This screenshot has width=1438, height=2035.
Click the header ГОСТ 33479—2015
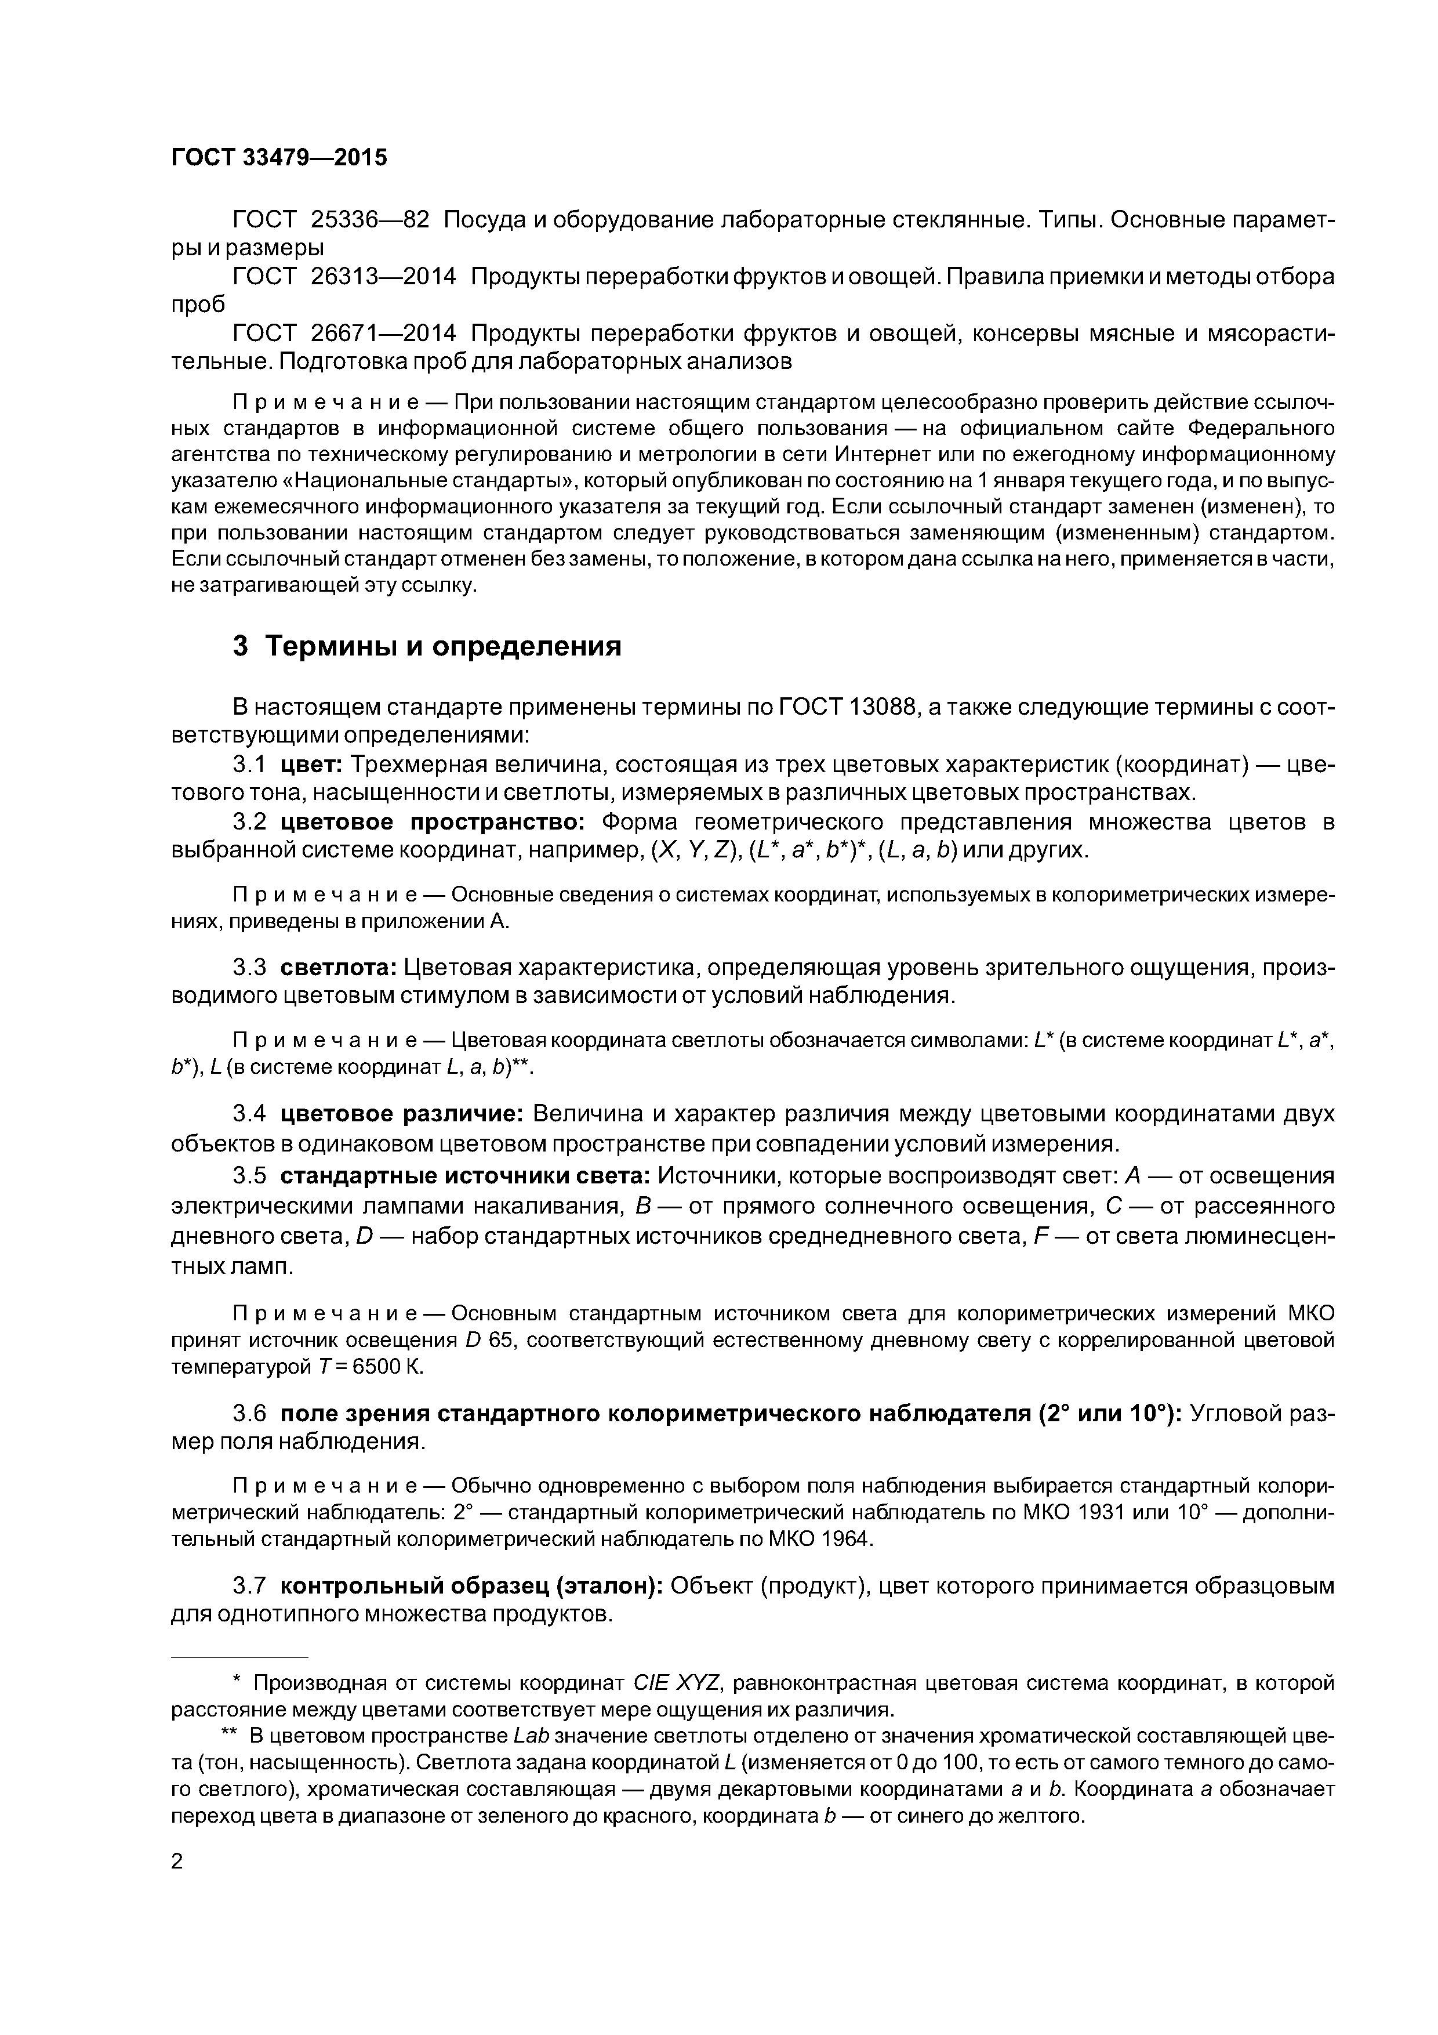[279, 158]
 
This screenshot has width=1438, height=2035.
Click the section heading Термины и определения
[443, 646]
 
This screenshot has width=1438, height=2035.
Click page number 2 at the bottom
[177, 1862]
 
